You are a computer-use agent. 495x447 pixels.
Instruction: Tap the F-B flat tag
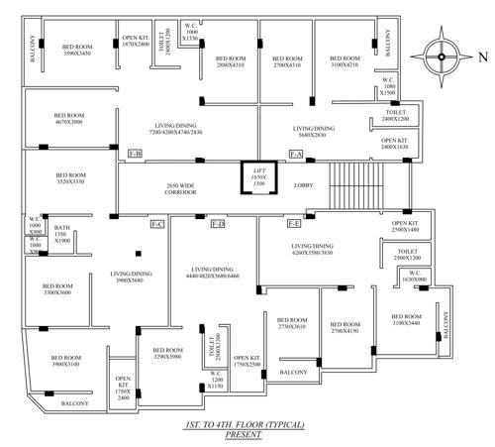click(136, 154)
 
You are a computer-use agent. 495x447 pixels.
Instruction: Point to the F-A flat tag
click(295, 154)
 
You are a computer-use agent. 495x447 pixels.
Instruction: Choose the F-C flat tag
click(156, 225)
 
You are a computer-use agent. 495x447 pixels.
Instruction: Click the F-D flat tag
click(218, 225)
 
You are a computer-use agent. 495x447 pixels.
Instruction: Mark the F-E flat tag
click(294, 225)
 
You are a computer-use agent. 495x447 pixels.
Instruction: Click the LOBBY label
click(305, 184)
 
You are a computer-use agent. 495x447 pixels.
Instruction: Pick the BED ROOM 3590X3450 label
click(77, 50)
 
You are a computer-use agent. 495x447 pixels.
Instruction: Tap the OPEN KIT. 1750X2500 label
click(247, 361)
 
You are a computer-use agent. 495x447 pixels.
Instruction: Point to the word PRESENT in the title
click(244, 433)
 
